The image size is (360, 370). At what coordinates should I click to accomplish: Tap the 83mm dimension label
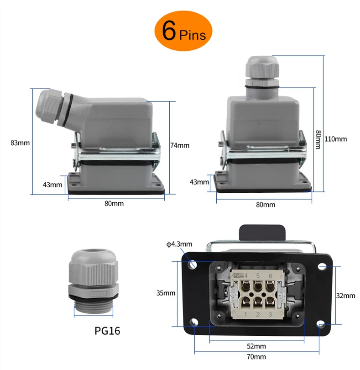(20, 143)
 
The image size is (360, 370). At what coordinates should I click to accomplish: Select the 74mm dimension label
(179, 145)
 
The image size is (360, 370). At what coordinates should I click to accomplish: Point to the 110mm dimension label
(338, 139)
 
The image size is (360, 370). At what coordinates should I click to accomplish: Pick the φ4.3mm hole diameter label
(179, 244)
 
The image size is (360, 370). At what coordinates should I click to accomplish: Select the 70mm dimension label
(257, 357)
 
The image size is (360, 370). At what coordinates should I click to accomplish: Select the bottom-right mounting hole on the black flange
(322, 325)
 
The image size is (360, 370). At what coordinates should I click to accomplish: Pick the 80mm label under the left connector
(114, 203)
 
